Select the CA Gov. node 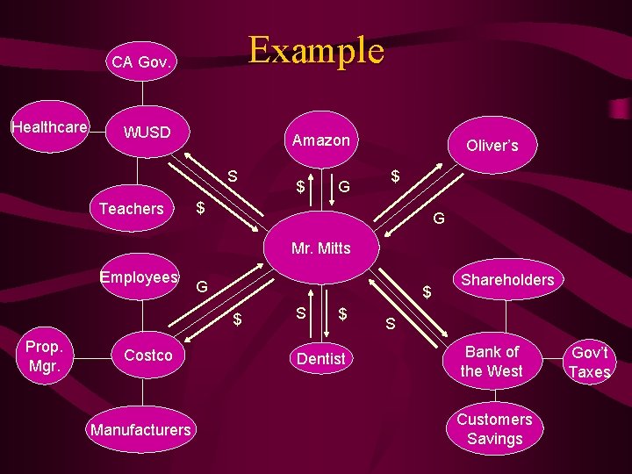(x=141, y=61)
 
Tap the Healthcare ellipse (x=49, y=128)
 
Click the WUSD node (x=147, y=133)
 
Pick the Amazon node (x=320, y=140)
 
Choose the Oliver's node (x=492, y=146)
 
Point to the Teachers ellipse (x=132, y=209)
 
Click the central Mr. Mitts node (x=320, y=248)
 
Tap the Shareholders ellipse (x=507, y=280)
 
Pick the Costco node (x=147, y=355)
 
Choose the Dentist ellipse (x=320, y=358)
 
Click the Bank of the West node (x=491, y=362)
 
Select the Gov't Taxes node (x=589, y=363)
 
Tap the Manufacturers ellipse (x=140, y=429)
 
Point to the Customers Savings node (x=494, y=429)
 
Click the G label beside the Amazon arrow (x=345, y=186)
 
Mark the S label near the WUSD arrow (x=233, y=176)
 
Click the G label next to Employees (x=202, y=287)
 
